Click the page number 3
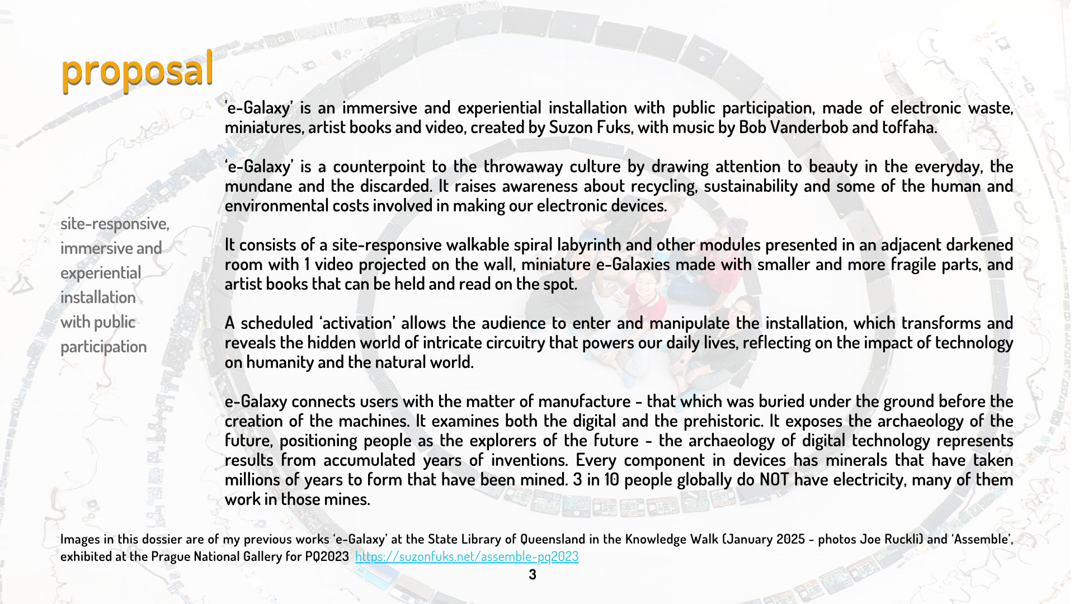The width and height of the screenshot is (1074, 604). [x=533, y=574]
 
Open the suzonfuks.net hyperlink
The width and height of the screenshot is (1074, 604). [x=467, y=556]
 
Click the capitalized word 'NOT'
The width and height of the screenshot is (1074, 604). [x=774, y=480]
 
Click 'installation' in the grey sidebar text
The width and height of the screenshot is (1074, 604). [x=98, y=298]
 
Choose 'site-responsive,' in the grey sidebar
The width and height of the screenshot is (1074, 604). [x=115, y=224]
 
